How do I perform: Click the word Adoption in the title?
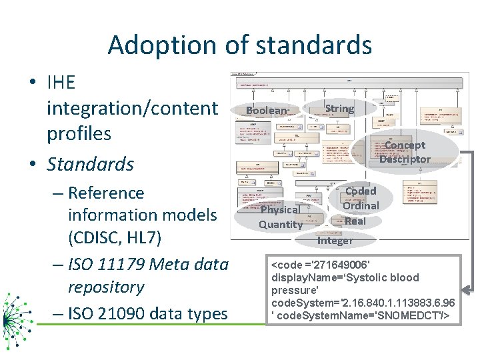(157, 45)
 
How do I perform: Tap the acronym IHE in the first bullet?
(61, 83)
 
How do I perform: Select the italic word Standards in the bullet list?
(91, 164)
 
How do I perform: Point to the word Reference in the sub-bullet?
(106, 193)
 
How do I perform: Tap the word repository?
(106, 287)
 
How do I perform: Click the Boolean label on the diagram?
(267, 111)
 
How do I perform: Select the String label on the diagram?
(339, 108)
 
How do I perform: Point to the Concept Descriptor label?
(405, 152)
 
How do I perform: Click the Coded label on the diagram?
(361, 191)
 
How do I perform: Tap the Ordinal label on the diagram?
(361, 205)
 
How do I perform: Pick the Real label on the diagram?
(355, 221)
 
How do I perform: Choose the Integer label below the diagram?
(335, 240)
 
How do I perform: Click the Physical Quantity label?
(281, 217)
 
